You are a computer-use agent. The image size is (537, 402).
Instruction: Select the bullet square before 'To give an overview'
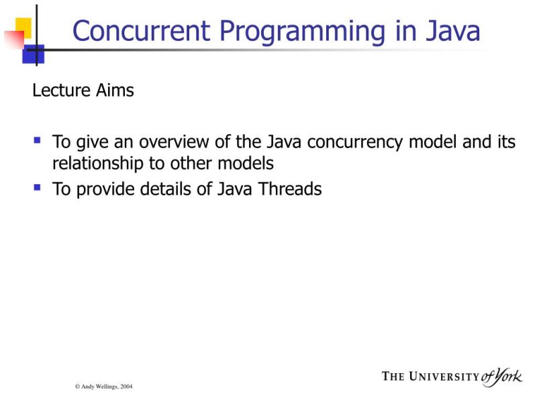38,141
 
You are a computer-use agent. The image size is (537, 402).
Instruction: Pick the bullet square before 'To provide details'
38,188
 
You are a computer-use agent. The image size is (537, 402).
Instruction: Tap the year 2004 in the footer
127,387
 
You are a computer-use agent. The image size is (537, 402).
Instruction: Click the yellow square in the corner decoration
23,25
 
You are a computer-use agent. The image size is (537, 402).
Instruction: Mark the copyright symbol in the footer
77,387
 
